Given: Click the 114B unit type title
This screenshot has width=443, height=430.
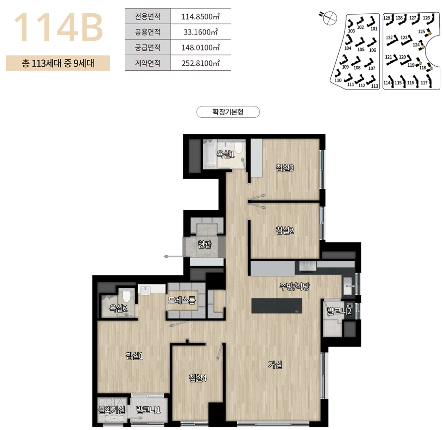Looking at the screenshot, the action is [x=58, y=28].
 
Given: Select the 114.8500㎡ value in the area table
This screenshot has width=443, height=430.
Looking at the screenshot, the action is [x=201, y=16].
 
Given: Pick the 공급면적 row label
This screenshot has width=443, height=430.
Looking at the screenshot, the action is [x=147, y=47].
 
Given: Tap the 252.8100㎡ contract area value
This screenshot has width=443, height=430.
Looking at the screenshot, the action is [x=201, y=63].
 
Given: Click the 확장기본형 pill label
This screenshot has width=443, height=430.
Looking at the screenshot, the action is [x=228, y=112].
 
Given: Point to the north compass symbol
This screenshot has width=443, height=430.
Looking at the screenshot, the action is [x=330, y=17].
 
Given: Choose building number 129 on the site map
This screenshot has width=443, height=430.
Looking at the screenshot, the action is [x=387, y=18].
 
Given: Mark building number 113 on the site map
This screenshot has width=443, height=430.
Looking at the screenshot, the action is [x=375, y=86].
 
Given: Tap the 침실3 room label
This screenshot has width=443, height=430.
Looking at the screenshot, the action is [x=285, y=168].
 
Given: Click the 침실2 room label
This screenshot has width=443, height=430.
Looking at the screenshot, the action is [x=285, y=231].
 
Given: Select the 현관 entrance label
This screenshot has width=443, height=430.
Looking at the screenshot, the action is [x=205, y=244].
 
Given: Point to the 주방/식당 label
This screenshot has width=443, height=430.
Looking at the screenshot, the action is [x=294, y=287].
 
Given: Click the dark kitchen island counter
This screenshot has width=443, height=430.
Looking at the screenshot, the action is [x=277, y=305].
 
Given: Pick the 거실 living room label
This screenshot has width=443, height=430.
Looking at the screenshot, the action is [x=275, y=365].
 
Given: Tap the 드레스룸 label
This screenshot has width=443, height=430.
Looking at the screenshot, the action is [x=182, y=300].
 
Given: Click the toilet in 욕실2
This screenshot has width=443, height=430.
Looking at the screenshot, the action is [x=126, y=296].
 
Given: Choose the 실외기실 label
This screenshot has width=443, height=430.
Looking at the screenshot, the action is [x=111, y=410].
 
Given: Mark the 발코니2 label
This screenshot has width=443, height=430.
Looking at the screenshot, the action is [x=339, y=311].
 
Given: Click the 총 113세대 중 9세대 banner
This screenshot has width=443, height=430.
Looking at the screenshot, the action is [x=58, y=63].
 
